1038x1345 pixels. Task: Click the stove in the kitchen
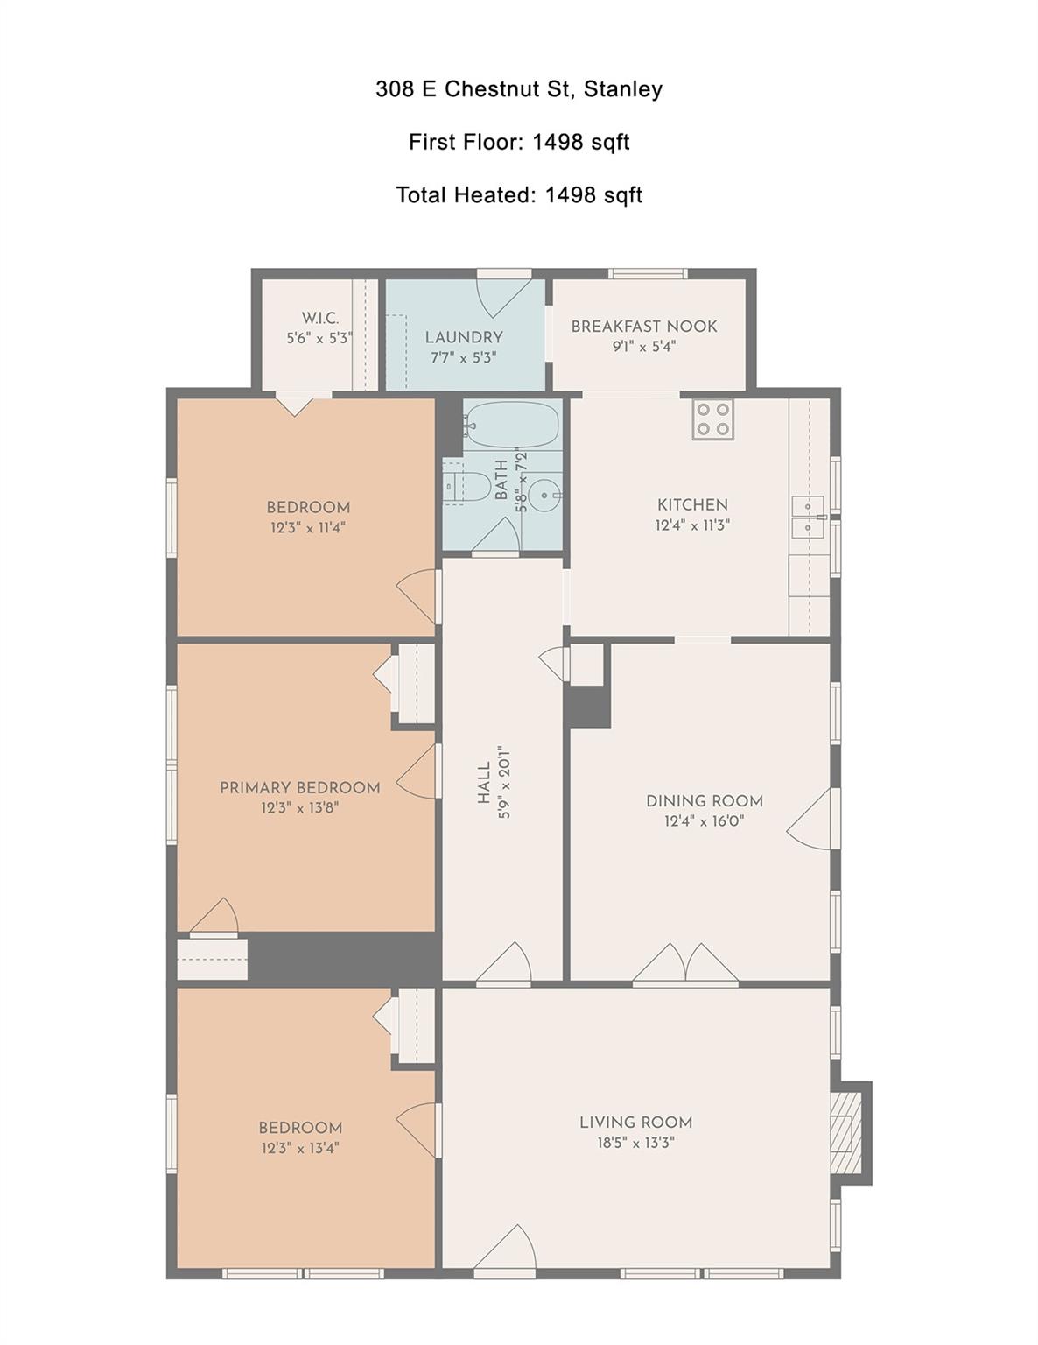(712, 419)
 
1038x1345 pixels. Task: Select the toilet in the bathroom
(469, 486)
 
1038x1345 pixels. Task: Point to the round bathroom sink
(547, 496)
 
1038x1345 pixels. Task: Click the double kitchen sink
(809, 517)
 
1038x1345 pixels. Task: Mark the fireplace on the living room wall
(845, 1134)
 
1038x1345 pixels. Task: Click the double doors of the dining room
(686, 964)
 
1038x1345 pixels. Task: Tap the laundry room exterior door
(503, 296)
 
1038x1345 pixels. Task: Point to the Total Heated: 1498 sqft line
(518, 194)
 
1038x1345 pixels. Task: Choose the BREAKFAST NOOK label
(643, 327)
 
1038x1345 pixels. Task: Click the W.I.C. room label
(319, 318)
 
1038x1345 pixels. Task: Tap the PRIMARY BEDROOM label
(299, 788)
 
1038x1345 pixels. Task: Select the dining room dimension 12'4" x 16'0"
(704, 821)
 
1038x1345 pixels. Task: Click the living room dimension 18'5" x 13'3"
(635, 1143)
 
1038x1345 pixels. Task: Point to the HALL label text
(484, 783)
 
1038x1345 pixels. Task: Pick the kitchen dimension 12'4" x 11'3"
(692, 525)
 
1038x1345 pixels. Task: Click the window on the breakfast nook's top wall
(648, 273)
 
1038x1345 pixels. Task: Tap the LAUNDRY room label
(463, 337)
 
